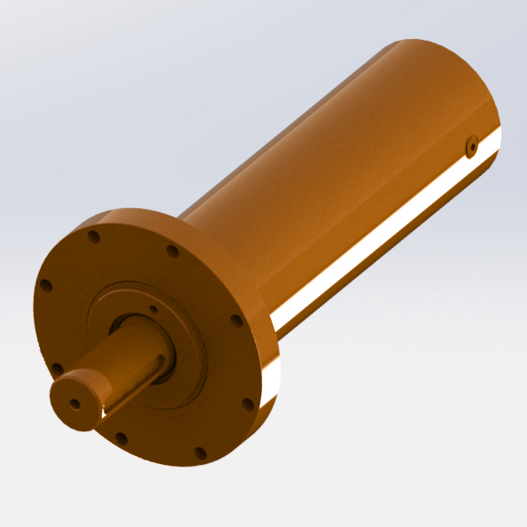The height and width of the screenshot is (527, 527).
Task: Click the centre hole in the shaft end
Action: pos(74,404)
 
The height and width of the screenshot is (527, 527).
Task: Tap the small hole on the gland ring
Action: pos(154,310)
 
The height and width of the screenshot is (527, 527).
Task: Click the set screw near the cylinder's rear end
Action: pos(471,146)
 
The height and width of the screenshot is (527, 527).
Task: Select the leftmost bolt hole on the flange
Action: pos(46,286)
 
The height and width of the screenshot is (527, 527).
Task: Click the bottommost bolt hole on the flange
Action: pos(200,453)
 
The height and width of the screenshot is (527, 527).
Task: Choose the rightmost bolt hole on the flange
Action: pos(236,321)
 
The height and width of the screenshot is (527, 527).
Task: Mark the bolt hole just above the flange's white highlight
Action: pos(247,404)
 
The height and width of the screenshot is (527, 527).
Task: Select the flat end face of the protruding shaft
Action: pos(74,401)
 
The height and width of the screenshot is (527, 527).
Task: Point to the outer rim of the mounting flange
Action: pos(257,425)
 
